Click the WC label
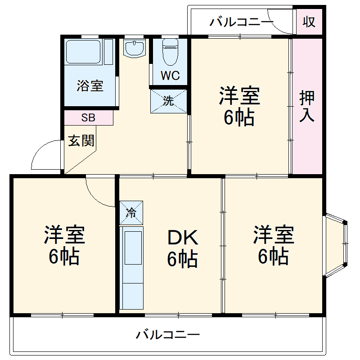click(170, 76)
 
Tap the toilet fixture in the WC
click(170, 50)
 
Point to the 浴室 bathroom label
click(90, 85)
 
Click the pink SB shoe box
click(88, 118)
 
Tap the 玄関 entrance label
click(81, 141)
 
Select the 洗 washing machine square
click(168, 101)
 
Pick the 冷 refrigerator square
click(131, 213)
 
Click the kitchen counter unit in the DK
click(132, 268)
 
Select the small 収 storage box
click(309, 22)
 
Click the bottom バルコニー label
click(168, 335)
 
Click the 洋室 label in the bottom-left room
click(64, 235)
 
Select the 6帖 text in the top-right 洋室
click(239, 117)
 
